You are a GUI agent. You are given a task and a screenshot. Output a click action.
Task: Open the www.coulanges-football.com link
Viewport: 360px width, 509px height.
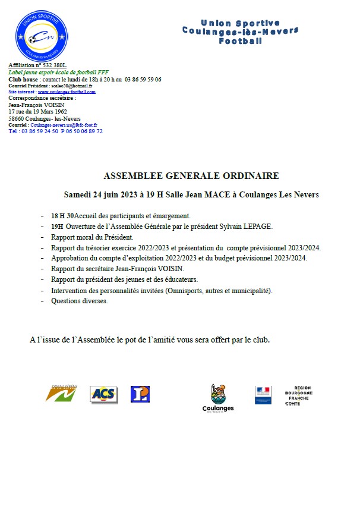click(x=66, y=92)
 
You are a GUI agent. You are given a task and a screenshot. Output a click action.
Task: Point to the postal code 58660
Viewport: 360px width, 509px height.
click(x=17, y=118)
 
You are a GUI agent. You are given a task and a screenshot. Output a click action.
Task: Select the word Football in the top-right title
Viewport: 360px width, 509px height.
click(x=240, y=42)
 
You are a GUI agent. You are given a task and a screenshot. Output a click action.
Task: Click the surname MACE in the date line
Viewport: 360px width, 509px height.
click(x=229, y=194)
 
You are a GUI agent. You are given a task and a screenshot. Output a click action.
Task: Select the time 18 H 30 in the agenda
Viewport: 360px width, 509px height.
click(x=62, y=216)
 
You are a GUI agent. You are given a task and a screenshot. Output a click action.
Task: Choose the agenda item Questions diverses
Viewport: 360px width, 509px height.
click(x=80, y=301)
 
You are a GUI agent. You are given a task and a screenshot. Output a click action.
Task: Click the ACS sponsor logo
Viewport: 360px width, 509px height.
click(x=104, y=394)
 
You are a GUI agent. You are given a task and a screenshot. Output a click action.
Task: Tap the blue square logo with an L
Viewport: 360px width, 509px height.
click(x=140, y=394)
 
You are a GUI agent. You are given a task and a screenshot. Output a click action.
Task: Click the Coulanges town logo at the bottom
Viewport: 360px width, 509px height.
click(x=218, y=398)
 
